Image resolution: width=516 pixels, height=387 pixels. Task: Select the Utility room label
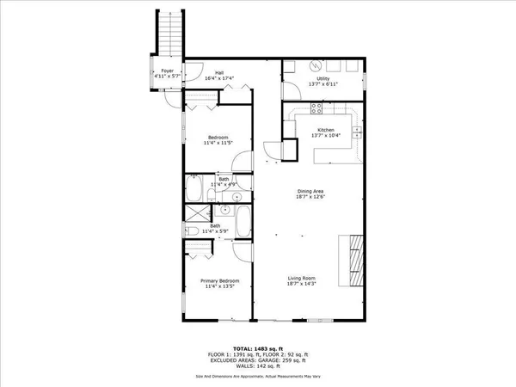pos(323,78)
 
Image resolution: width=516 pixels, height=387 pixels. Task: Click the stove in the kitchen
pos(316,109)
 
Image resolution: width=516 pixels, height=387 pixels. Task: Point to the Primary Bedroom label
pos(219,281)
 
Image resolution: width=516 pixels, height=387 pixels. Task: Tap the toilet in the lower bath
pos(194,231)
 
